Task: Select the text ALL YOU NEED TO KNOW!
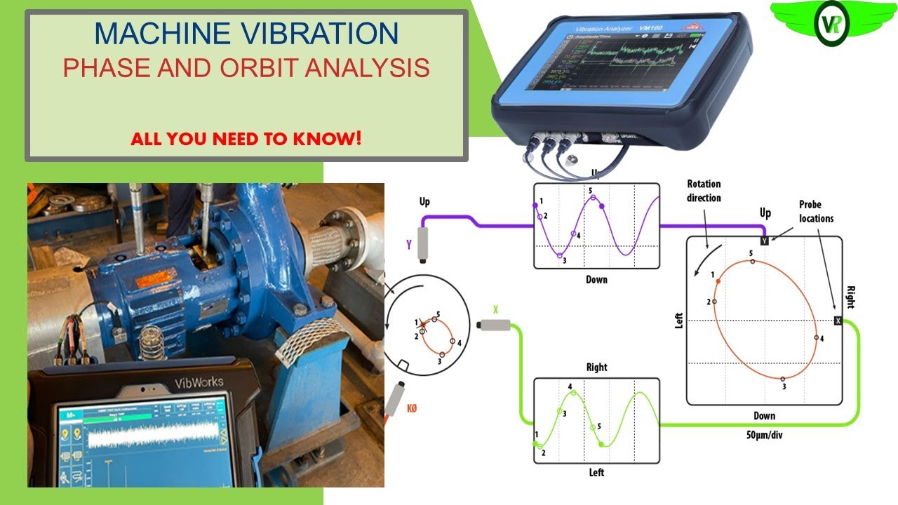[x=246, y=138]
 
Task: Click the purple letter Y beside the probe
[x=408, y=245]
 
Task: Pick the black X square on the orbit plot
[x=838, y=321]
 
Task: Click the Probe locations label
[x=816, y=211]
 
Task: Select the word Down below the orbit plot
[x=764, y=416]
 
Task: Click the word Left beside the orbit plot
[x=678, y=320]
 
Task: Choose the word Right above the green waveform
[x=596, y=368]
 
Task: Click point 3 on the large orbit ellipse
[x=784, y=379]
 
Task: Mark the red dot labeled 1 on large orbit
[x=718, y=281]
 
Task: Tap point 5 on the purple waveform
[x=594, y=198]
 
